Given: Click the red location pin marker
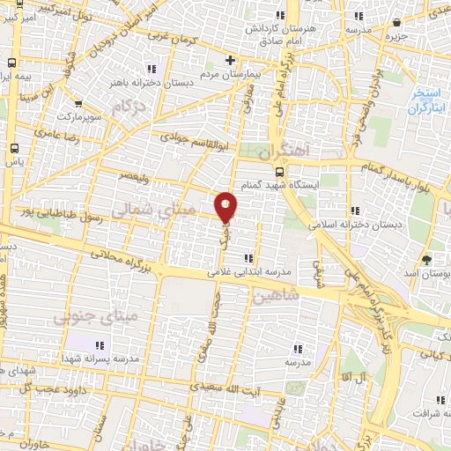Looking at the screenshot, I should pyautogui.click(x=226, y=205).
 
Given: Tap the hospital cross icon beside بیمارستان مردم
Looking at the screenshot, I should pyautogui.click(x=231, y=60).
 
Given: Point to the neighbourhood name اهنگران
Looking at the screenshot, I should pyautogui.click(x=288, y=148).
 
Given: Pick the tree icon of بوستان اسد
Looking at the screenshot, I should pyautogui.click(x=427, y=259).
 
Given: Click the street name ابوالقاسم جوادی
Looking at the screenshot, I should pyautogui.click(x=195, y=137).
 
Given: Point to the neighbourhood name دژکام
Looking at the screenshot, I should pyautogui.click(x=127, y=107).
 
